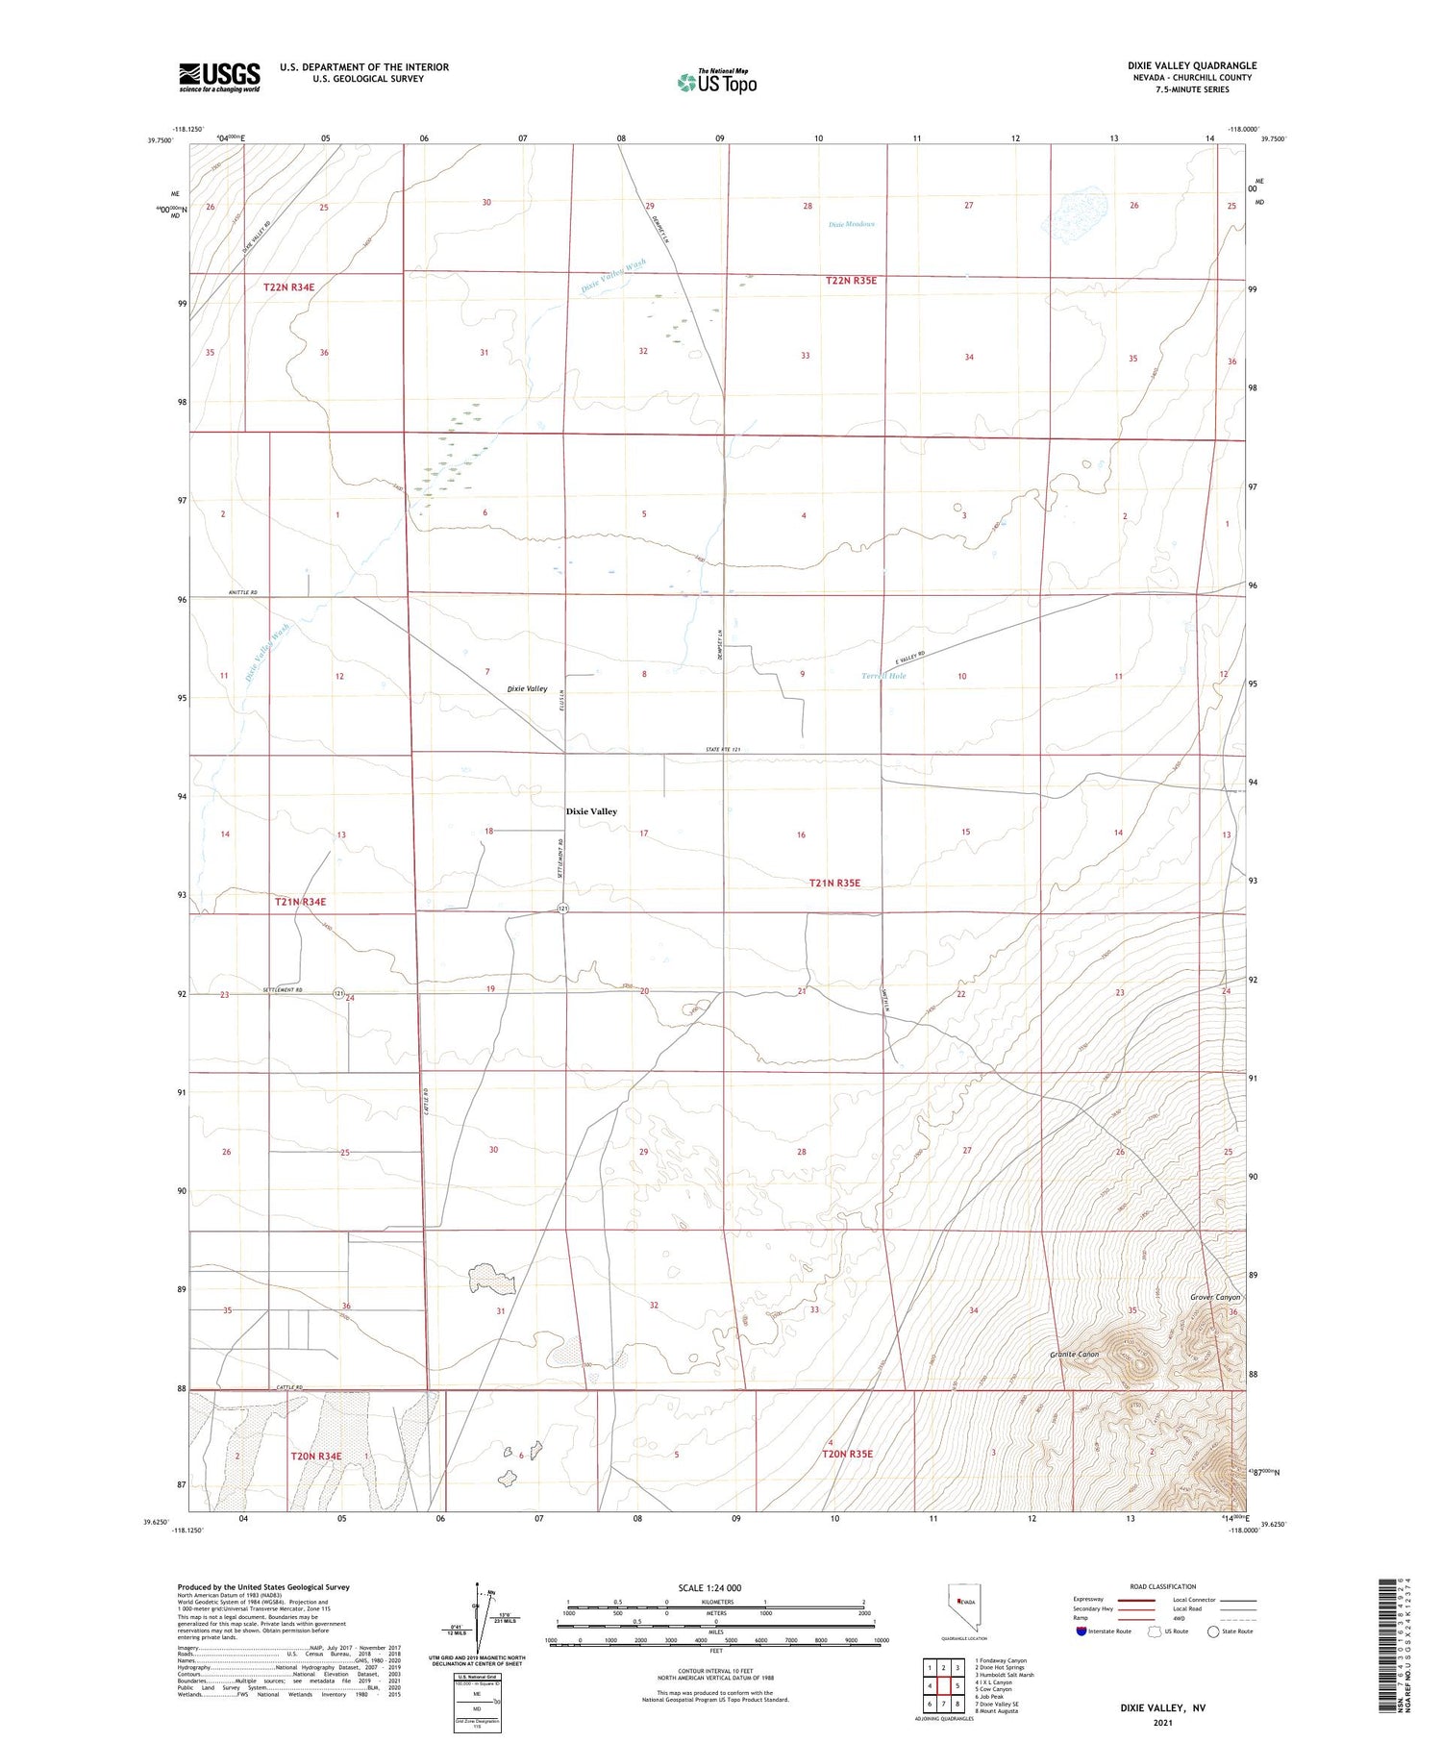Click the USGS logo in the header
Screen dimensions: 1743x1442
pos(219,77)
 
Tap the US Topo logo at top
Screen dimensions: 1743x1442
pos(717,82)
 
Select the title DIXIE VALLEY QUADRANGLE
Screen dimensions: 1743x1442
pos(1192,65)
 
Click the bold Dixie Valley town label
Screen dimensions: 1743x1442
pos(591,811)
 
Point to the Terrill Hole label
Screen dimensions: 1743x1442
pos(883,676)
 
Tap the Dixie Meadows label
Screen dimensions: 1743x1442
pos(852,225)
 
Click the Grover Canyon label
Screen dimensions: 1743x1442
pos(1215,1297)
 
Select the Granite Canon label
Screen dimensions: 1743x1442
pos(1074,1354)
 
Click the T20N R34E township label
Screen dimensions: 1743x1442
pos(316,1456)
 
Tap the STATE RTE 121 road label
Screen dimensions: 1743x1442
pos(724,749)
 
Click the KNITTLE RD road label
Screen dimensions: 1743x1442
pos(243,592)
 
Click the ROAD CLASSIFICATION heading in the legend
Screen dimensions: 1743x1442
pos(1162,1586)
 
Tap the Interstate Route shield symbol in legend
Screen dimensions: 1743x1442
pos(1081,1631)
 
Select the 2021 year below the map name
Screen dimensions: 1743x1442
pos(1161,1723)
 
